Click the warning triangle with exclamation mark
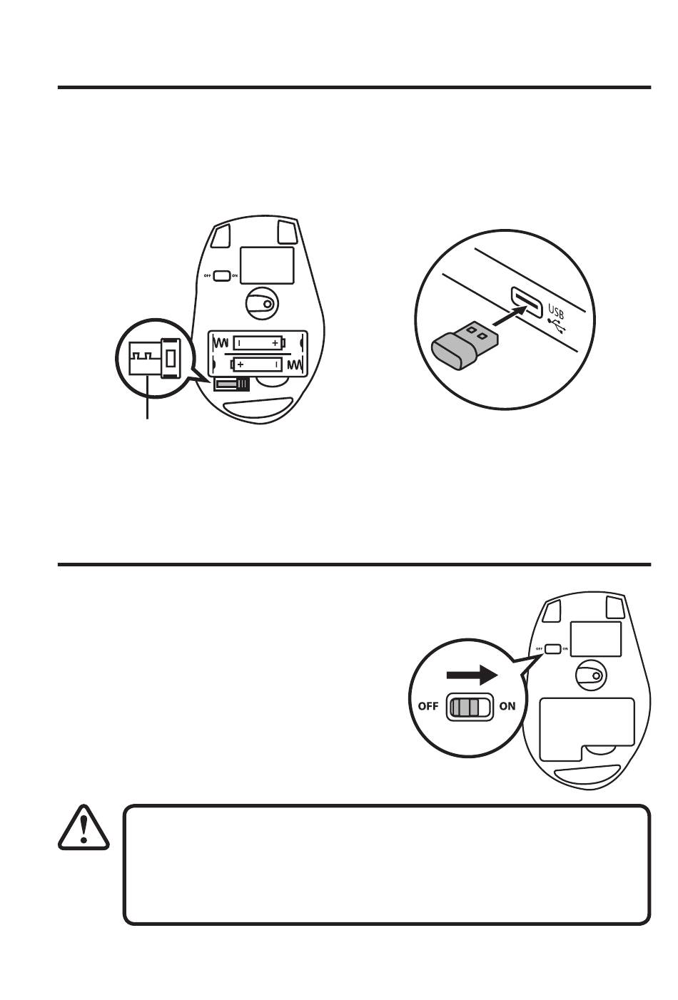[84, 828]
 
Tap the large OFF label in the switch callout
[427, 707]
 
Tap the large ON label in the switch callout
[507, 707]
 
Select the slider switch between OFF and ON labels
[469, 707]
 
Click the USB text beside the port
[556, 310]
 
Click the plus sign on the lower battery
[241, 364]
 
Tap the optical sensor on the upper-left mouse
[261, 303]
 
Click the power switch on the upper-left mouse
[221, 275]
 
